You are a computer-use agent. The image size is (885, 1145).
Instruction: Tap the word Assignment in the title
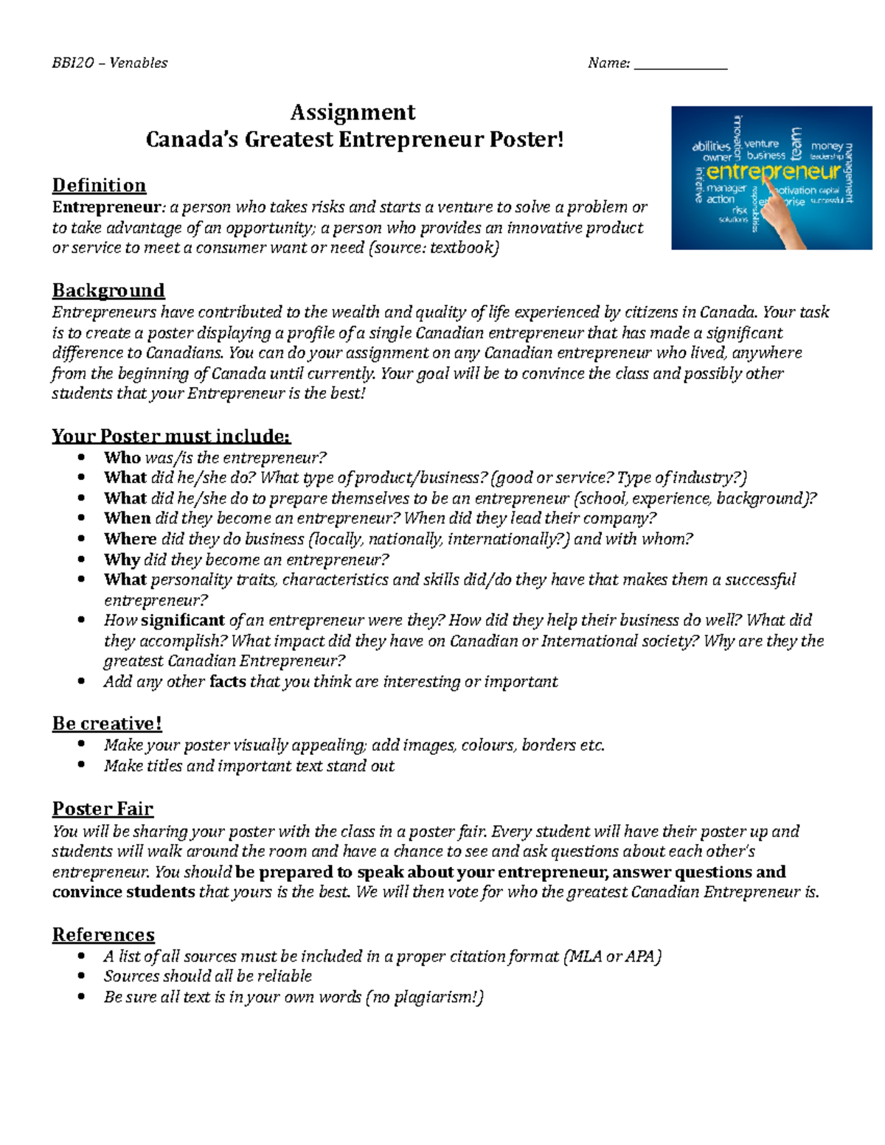pyautogui.click(x=353, y=112)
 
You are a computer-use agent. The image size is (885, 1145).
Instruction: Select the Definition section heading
pyautogui.click(x=99, y=185)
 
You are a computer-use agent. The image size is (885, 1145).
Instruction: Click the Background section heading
pyautogui.click(x=108, y=290)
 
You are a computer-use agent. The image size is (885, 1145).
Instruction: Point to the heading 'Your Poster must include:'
pyautogui.click(x=171, y=436)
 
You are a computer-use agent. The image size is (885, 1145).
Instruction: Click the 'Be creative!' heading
pyautogui.click(x=107, y=723)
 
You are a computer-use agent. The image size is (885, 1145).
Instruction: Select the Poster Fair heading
pyautogui.click(x=103, y=809)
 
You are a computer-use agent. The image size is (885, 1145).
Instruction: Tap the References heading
pyautogui.click(x=103, y=935)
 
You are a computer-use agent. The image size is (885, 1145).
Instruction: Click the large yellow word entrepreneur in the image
pyautogui.click(x=773, y=172)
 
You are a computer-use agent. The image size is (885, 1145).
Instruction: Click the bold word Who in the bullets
pyautogui.click(x=122, y=458)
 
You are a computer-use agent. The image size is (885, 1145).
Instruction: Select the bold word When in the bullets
pyautogui.click(x=127, y=518)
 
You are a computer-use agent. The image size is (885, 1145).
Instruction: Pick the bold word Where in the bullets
pyautogui.click(x=130, y=539)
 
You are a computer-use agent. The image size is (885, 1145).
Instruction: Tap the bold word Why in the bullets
pyautogui.click(x=122, y=560)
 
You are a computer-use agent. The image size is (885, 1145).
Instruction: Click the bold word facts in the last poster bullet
pyautogui.click(x=227, y=682)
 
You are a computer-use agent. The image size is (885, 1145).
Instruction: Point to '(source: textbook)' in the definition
pyautogui.click(x=433, y=248)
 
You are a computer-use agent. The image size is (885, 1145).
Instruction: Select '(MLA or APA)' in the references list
pyautogui.click(x=612, y=957)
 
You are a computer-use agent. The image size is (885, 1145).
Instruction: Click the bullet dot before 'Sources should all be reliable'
pyautogui.click(x=82, y=977)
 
